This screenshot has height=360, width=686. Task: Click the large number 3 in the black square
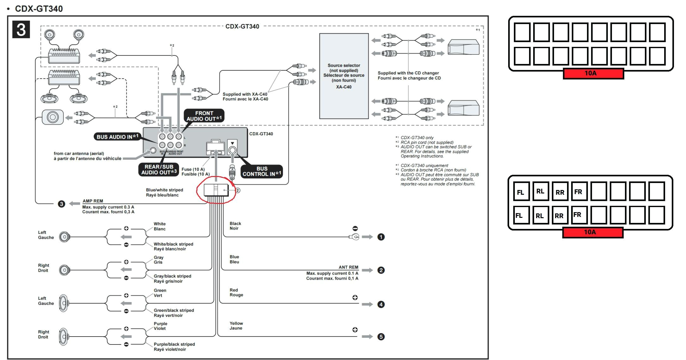click(x=21, y=29)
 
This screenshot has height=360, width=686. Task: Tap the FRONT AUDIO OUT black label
click(x=204, y=116)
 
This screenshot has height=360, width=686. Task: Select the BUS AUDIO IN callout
click(x=117, y=137)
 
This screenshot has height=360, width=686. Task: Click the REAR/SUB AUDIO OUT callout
click(x=159, y=170)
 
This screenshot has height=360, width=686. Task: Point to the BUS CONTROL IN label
click(x=262, y=171)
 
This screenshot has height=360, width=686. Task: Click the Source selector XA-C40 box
click(x=344, y=76)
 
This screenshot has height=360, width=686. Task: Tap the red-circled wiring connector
click(x=216, y=190)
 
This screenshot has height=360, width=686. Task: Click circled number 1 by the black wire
click(x=381, y=237)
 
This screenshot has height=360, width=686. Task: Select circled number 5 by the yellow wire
click(x=381, y=337)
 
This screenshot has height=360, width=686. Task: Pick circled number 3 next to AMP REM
click(x=61, y=204)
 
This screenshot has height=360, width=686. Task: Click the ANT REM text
click(x=348, y=267)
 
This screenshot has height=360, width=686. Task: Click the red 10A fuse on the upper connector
click(x=593, y=73)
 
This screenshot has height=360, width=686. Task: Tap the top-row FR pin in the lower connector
click(x=579, y=192)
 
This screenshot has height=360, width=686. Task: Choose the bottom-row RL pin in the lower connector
click(x=540, y=216)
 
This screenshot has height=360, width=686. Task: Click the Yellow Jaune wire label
click(x=236, y=326)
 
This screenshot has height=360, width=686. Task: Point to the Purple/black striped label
click(x=174, y=347)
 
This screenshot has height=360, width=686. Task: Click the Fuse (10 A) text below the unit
click(x=193, y=169)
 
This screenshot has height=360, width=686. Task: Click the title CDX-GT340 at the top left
click(x=39, y=9)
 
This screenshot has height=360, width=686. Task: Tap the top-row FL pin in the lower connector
click(x=521, y=192)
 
